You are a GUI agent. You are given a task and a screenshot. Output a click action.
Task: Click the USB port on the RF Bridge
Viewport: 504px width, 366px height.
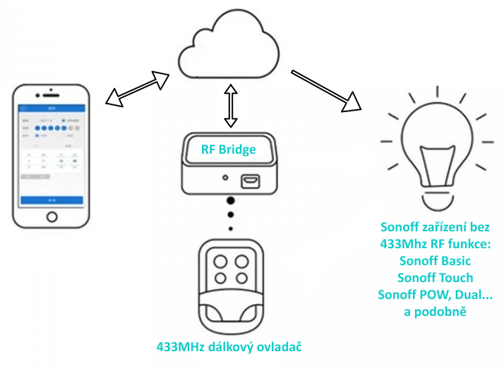click(250, 181)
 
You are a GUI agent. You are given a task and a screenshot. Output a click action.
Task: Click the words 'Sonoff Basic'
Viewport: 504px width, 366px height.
click(434, 261)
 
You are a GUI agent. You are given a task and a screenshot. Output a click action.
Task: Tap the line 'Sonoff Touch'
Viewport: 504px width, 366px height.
click(434, 277)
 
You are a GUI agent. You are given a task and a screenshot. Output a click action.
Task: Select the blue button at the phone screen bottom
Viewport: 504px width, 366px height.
click(52, 200)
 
